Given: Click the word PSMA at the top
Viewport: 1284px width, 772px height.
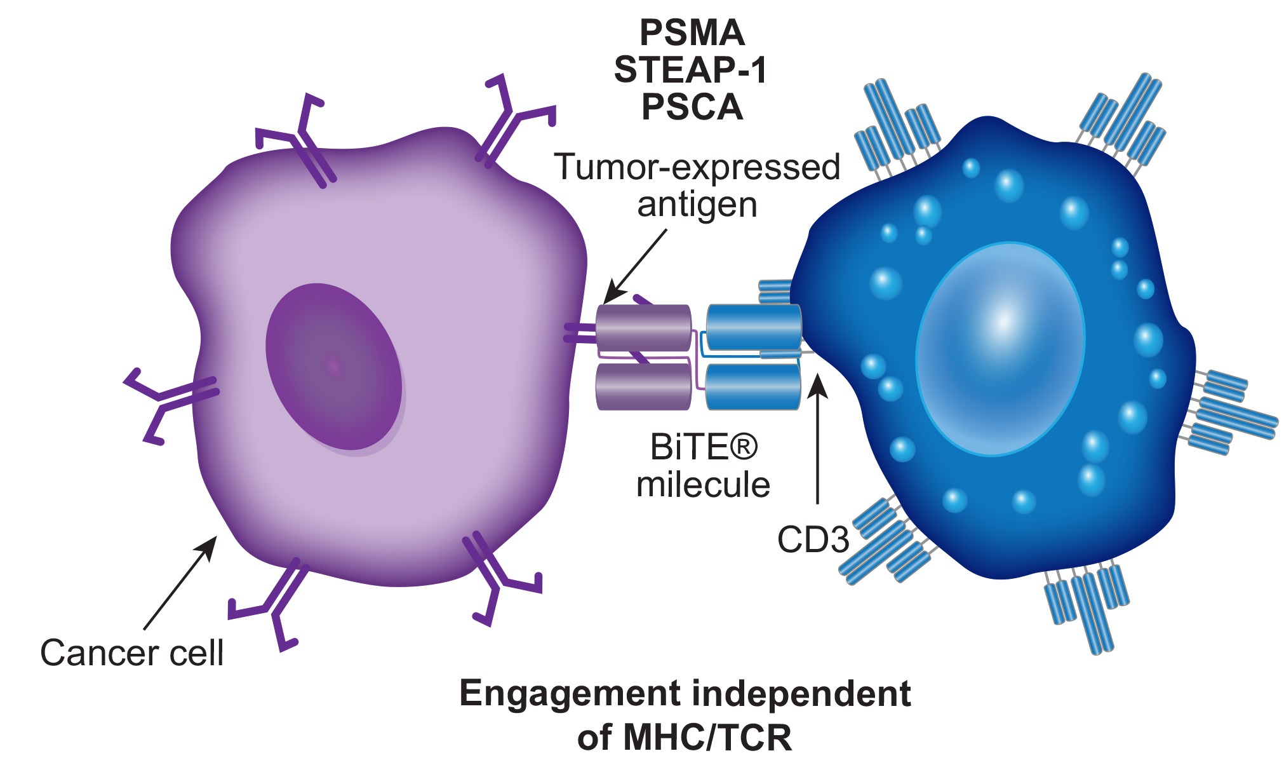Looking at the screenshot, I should point(692,32).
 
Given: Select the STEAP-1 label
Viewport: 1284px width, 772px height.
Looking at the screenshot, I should point(691,70).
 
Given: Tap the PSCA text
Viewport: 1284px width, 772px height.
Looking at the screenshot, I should point(692,107).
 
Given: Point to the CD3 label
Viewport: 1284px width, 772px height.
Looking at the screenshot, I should point(813,540).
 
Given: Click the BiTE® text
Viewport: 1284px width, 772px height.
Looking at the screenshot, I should point(704,447).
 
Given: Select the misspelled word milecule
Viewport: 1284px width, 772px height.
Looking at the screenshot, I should point(703,485).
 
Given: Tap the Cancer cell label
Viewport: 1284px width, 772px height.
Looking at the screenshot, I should point(131,653).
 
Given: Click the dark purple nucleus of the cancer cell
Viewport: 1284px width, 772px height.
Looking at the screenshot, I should point(333,367).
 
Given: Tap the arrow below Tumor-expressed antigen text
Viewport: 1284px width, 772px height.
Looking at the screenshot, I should point(635,266).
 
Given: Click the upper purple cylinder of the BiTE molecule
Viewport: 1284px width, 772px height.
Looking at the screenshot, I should point(643,327).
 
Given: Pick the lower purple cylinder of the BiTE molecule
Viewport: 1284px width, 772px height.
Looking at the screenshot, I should point(643,387).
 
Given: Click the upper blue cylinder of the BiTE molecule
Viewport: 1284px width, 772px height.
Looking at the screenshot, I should point(754,327).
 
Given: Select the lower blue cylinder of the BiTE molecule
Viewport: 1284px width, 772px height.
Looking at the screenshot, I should point(753,386).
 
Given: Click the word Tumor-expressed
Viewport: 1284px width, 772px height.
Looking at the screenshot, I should point(697,167).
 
